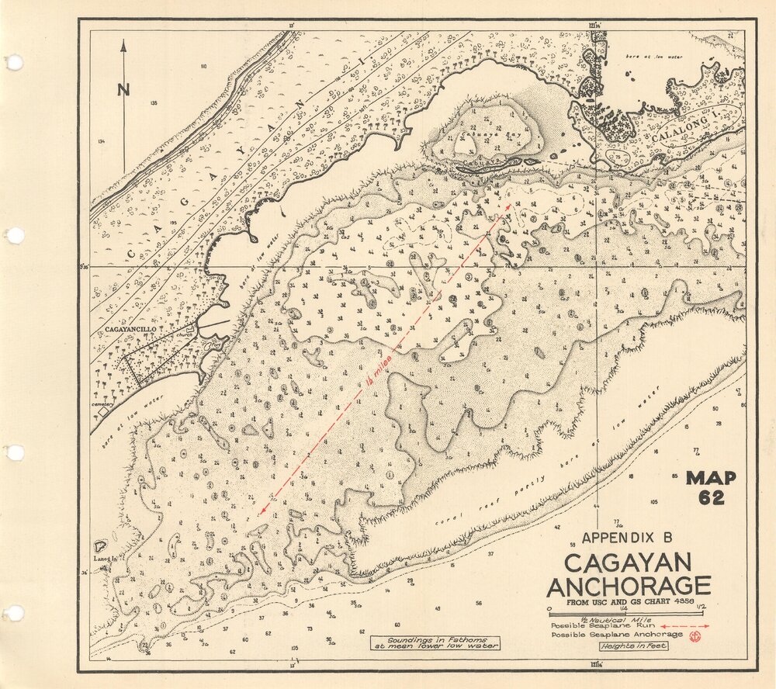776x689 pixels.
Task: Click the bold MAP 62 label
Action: [710, 488]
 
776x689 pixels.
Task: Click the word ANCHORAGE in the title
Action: [628, 586]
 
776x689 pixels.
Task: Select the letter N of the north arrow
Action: [123, 89]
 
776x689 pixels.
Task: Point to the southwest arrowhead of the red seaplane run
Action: [264, 511]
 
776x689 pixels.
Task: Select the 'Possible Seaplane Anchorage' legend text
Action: [617, 635]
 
